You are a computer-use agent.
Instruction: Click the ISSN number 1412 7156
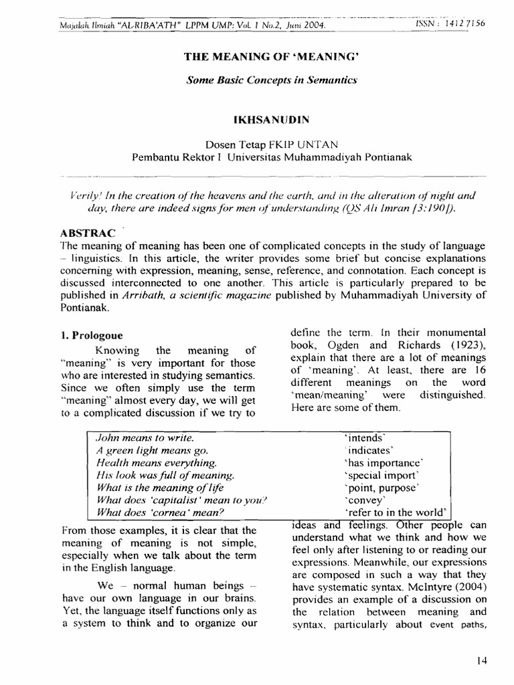point(460,23)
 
